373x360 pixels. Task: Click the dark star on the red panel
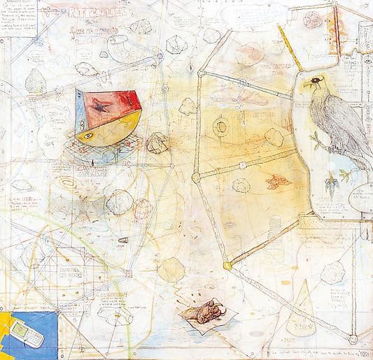104,107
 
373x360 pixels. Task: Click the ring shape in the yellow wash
222,127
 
